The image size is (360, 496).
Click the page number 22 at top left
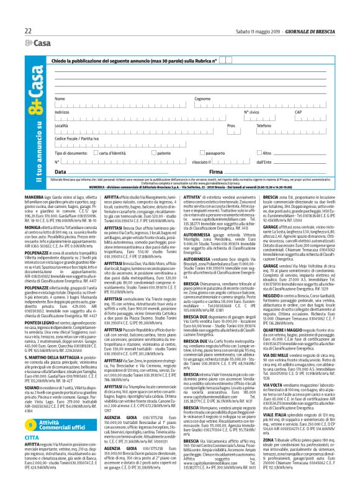point(28,30)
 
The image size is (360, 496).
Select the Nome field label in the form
point(60,99)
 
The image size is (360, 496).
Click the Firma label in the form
point(216,171)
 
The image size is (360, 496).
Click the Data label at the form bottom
point(60,171)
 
